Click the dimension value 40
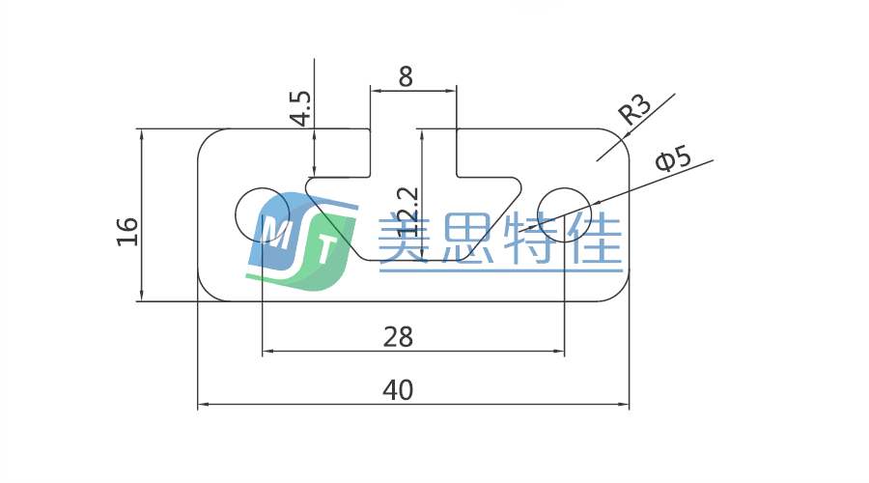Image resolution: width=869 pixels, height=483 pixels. [398, 390]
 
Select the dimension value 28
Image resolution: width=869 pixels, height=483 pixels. [398, 337]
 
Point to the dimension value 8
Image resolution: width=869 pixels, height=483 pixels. [406, 77]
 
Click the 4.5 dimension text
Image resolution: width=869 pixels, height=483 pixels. [300, 108]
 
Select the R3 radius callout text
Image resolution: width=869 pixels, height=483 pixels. [635, 111]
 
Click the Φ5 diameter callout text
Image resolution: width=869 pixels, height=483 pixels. [672, 159]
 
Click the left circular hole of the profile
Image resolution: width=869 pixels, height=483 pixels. [263, 211]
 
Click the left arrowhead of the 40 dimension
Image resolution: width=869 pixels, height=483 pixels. [203, 405]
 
